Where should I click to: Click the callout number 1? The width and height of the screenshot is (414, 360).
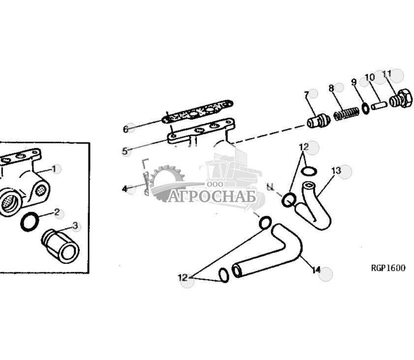pos(56,169)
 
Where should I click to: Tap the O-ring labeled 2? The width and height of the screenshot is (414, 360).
pos(30,222)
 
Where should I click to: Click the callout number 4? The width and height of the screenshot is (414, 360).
pos(125,189)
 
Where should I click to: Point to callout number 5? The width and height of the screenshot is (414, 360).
pos(125,151)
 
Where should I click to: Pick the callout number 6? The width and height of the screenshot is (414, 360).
pos(126,129)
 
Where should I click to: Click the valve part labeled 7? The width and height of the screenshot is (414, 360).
pos(318,120)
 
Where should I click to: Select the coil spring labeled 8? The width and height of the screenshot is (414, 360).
pos(345,114)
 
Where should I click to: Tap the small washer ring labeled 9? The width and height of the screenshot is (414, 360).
pos(366,108)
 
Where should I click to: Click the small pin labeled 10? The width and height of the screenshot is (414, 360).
pos(380,105)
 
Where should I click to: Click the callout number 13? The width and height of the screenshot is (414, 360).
pos(336,171)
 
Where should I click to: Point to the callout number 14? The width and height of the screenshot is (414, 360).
pos(316,270)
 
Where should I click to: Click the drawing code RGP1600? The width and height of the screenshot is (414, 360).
pos(388,268)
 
